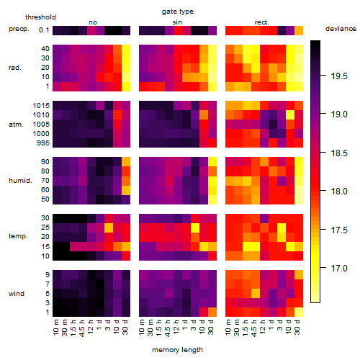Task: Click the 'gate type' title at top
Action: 178,12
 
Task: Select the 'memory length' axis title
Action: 177,350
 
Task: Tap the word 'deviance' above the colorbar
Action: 341,29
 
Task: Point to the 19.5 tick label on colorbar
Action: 339,76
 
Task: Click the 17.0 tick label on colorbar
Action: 339,269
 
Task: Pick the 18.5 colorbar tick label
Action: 339,153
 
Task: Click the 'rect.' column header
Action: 262,22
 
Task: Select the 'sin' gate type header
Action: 177,22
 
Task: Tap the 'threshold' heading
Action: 40,17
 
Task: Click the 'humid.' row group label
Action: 20,181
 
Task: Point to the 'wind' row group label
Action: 17,294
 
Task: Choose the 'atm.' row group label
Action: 16,125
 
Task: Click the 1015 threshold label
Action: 41,106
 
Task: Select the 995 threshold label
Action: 43,143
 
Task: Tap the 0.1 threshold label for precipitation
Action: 44,30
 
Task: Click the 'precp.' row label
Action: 19,29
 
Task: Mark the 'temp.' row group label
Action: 18,236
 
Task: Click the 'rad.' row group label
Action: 15,68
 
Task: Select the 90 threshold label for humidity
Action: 45,162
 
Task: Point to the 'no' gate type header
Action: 93,22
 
